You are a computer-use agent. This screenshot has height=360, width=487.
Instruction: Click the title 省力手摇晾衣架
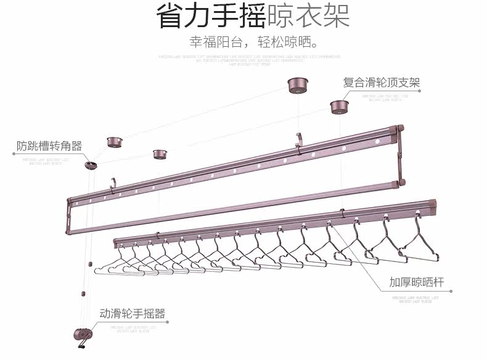[x=253, y=17]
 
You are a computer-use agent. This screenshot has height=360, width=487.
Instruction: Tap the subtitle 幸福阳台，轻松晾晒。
[x=255, y=43]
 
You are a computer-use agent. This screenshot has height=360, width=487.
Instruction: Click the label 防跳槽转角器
[x=49, y=146]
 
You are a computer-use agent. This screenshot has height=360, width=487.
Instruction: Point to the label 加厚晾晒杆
[x=417, y=284]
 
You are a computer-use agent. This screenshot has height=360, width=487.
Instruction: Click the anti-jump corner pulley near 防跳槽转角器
[x=92, y=165]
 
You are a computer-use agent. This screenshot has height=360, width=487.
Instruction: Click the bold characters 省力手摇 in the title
[x=211, y=17]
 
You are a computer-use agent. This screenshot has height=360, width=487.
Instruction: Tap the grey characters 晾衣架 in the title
[x=308, y=17]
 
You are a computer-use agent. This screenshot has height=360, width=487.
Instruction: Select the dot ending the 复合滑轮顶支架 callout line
[x=420, y=91]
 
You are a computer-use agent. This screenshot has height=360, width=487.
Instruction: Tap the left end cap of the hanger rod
[x=116, y=240]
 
